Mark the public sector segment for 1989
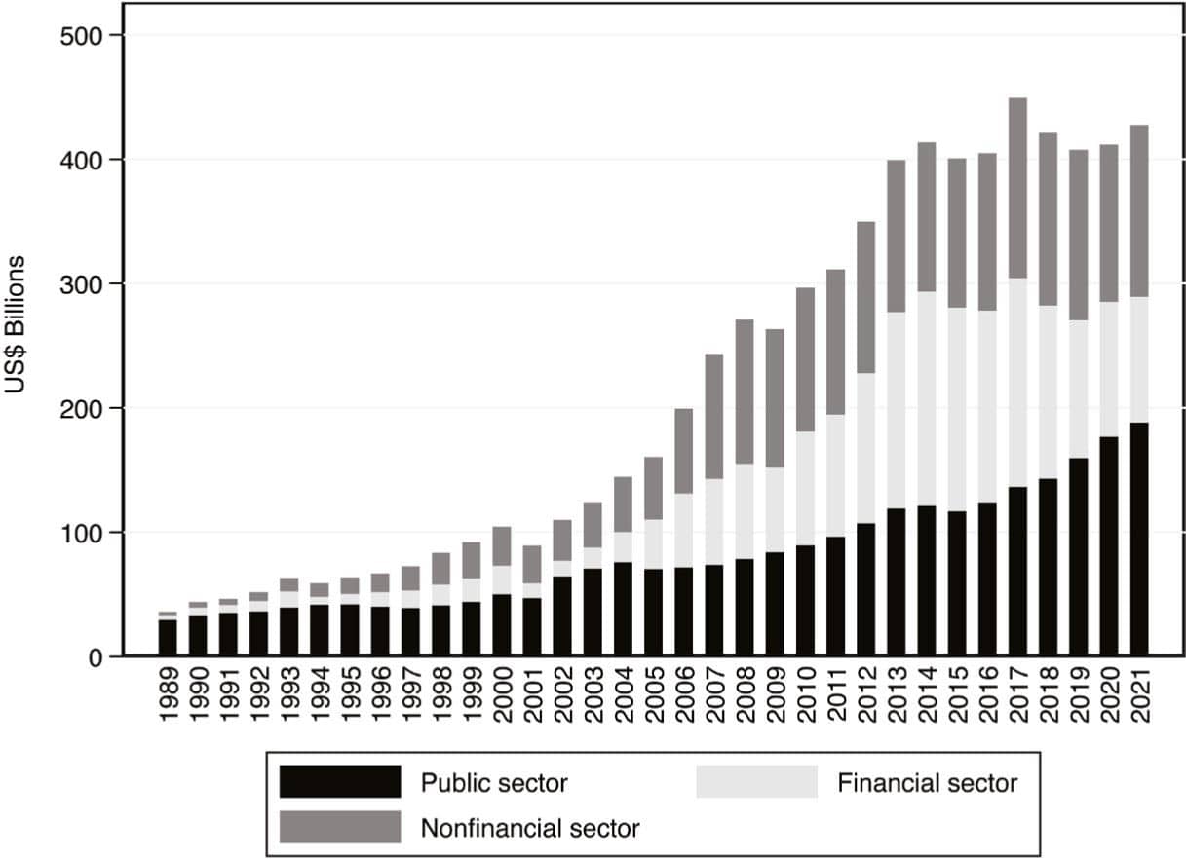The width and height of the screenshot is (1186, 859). click(168, 638)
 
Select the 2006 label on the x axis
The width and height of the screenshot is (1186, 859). click(683, 696)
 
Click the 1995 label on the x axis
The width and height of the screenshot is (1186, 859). click(349, 696)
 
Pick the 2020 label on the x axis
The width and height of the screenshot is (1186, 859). click(1108, 696)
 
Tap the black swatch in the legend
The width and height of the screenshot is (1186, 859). click(339, 781)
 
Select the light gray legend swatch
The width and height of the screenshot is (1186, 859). click(756, 781)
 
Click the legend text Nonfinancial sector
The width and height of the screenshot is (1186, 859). click(530, 829)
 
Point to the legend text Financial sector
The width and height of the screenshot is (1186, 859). click(927, 783)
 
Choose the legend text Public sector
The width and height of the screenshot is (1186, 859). click(494, 783)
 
